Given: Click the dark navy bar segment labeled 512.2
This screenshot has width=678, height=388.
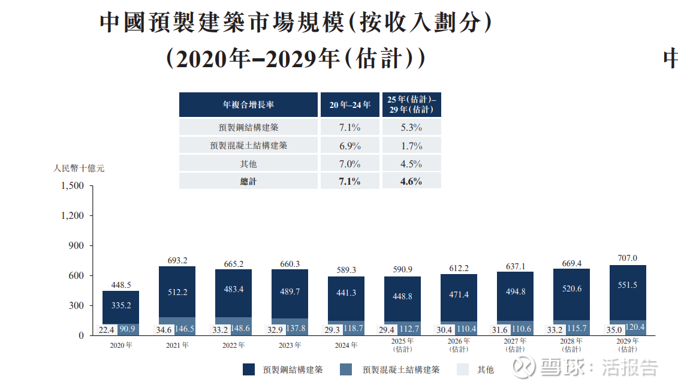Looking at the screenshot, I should [177, 291].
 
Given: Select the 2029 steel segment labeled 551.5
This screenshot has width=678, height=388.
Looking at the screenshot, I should [627, 285].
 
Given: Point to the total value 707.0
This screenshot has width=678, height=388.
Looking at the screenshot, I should [628, 258].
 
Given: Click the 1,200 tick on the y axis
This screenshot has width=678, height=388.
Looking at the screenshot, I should [73, 216].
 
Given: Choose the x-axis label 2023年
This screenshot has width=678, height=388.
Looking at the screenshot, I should [290, 345].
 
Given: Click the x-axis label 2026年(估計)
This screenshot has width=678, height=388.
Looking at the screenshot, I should [459, 345].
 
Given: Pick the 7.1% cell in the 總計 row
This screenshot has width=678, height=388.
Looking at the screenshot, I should [350, 181].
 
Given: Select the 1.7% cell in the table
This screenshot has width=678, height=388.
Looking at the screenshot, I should [411, 146].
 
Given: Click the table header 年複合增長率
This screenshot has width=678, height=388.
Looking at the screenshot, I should [248, 105].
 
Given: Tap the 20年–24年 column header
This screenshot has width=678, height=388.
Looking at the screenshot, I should [350, 105].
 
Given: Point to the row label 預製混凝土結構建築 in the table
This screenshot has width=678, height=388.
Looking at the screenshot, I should [248, 146].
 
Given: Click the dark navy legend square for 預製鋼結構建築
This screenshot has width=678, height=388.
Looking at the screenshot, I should [249, 369].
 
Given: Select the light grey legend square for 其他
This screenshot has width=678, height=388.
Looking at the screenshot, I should [462, 369].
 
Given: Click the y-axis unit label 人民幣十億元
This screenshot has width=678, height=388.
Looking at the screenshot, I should [79, 169].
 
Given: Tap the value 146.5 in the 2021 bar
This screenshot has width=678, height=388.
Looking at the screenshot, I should [184, 329].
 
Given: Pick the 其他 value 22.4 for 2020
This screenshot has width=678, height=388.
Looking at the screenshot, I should [106, 329].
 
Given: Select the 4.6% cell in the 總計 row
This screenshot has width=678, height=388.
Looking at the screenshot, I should [411, 181].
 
